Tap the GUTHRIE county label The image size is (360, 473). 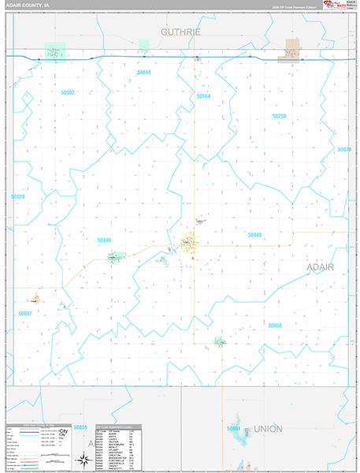[x=181, y=32]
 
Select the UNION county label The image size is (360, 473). [x=268, y=429]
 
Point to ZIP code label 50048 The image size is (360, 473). [x=143, y=73]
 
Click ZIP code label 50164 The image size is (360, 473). [x=203, y=96]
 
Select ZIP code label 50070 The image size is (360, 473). [x=343, y=149]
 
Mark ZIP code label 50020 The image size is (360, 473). [x=19, y=196]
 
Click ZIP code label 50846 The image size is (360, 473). [x=104, y=240]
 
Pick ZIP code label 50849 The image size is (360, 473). [x=254, y=235]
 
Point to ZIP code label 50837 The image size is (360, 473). [x=25, y=313]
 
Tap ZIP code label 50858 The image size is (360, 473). [x=274, y=325]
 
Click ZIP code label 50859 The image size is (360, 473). [x=80, y=427]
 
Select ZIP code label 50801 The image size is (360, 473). [x=233, y=428]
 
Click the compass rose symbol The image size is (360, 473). [x=82, y=459]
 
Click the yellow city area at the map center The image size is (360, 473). [x=190, y=244]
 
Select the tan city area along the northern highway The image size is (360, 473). [x=292, y=49]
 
